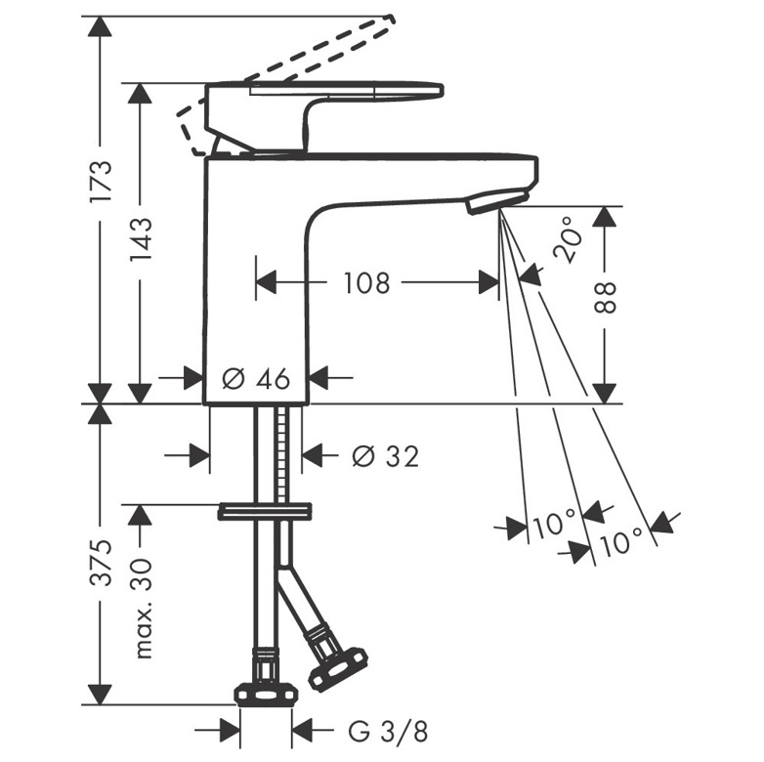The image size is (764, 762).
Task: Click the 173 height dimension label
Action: [x=102, y=182]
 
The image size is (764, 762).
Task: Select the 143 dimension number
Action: [x=141, y=239]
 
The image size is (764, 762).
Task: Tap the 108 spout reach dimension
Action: [x=367, y=283]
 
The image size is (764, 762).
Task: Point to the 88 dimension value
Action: [x=605, y=297]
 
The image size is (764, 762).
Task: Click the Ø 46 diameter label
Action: [x=256, y=378]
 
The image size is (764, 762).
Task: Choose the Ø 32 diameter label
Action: [x=385, y=456]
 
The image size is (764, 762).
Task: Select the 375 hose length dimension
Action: [x=102, y=563]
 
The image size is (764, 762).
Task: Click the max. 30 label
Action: [x=143, y=609]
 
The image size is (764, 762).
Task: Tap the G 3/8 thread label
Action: [x=388, y=732]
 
